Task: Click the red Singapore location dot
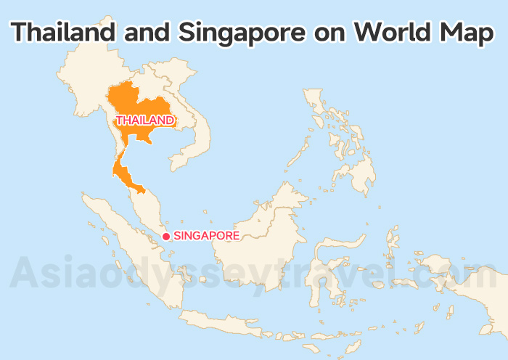coord(166,236)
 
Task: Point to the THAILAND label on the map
coord(145,120)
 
